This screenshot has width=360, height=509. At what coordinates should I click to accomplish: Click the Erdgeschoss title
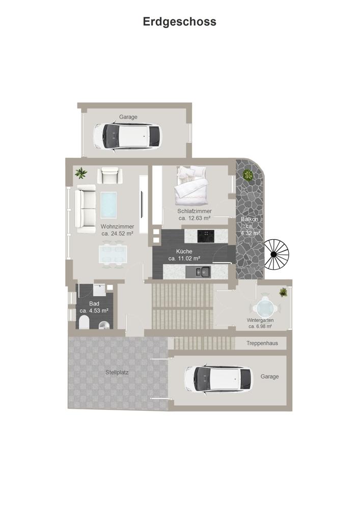point(180,22)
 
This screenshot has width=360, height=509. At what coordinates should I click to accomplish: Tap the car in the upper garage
point(127,136)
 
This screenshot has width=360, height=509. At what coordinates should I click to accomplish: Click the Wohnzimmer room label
point(117,227)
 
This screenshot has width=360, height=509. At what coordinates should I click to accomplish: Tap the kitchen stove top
point(206,236)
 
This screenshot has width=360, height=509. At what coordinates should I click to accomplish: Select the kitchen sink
point(203,271)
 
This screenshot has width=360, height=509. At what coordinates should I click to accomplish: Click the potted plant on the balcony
point(248,175)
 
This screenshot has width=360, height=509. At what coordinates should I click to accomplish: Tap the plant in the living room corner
point(81,173)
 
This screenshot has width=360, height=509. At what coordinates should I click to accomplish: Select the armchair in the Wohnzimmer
point(109,175)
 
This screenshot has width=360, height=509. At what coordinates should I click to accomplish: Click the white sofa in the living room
point(86,208)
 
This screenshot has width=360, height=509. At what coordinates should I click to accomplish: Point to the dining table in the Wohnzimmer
point(113,254)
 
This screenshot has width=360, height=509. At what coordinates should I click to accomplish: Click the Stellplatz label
point(117,373)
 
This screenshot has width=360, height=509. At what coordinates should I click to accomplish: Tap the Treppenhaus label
point(262,343)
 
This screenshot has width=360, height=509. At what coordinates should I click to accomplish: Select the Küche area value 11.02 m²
point(188,259)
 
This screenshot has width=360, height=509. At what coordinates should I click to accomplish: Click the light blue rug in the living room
point(108,205)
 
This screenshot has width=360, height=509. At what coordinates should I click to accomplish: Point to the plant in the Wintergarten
point(284,292)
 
